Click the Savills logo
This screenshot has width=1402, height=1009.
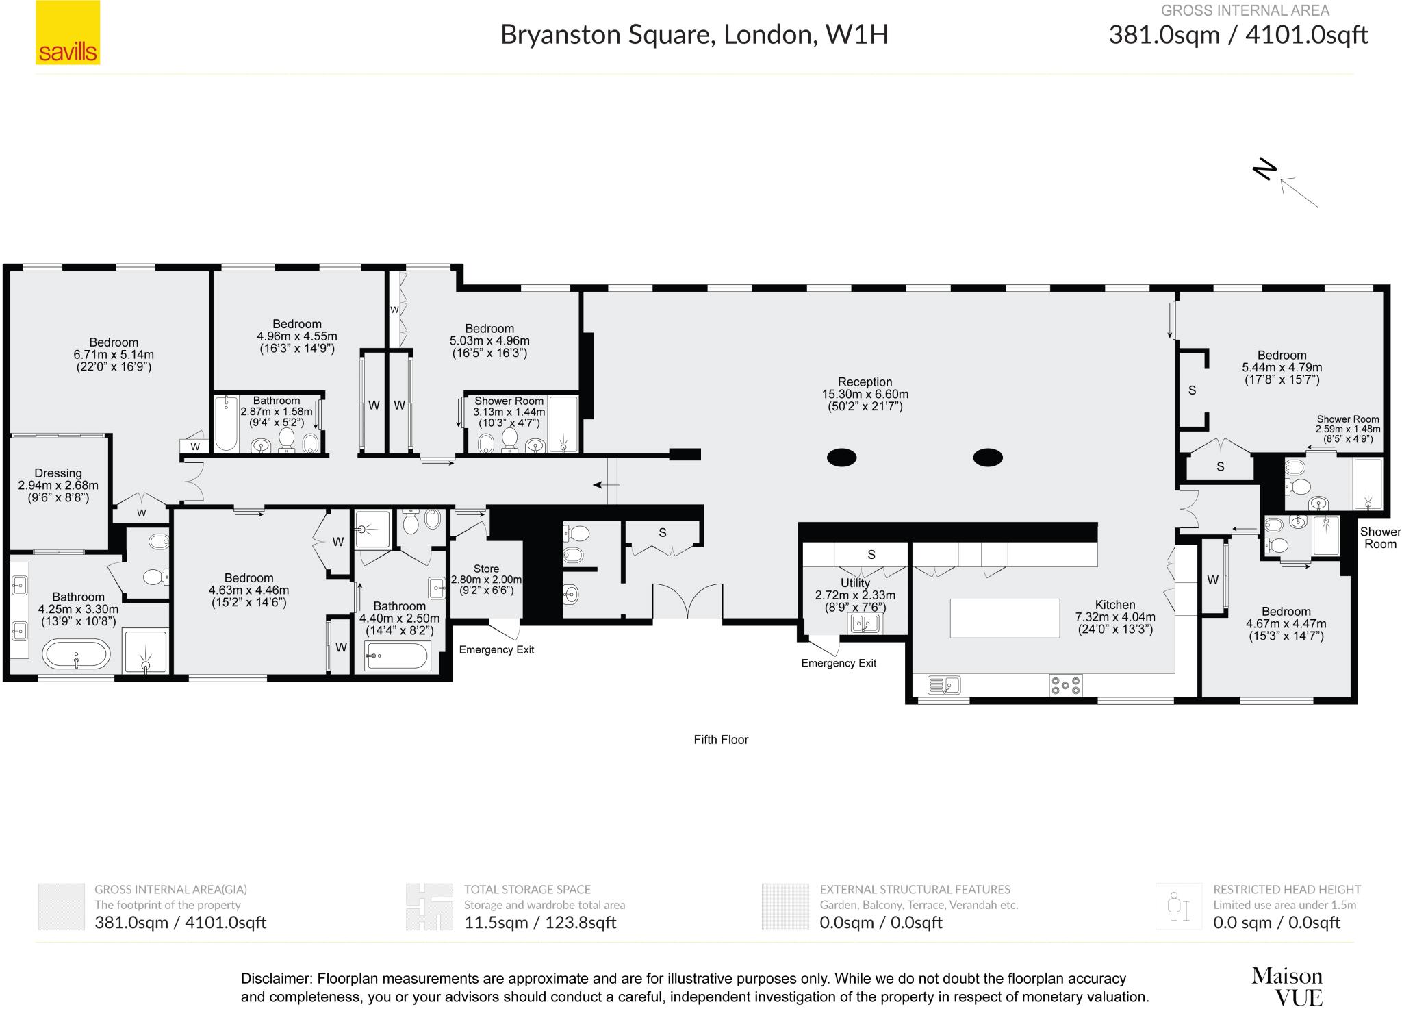pyautogui.click(x=68, y=33)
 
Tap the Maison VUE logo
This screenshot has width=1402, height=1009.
pyautogui.click(x=1286, y=986)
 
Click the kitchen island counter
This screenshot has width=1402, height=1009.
pyautogui.click(x=1004, y=618)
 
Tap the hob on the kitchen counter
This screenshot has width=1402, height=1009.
pyautogui.click(x=1066, y=685)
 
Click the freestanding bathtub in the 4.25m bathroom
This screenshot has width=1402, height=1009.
pyautogui.click(x=76, y=655)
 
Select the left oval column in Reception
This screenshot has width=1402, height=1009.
pyautogui.click(x=841, y=457)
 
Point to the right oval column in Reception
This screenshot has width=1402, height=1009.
pyautogui.click(x=988, y=457)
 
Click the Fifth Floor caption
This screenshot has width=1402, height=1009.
pyautogui.click(x=721, y=740)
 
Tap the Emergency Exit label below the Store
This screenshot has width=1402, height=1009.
pyautogui.click(x=496, y=649)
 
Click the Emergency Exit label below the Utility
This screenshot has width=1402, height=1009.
pyautogui.click(x=839, y=663)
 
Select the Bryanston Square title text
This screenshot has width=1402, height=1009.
pyautogui.click(x=694, y=34)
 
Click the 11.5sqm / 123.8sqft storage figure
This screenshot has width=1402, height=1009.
pyautogui.click(x=540, y=922)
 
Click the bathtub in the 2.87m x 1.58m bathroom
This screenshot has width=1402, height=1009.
pyautogui.click(x=225, y=423)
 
